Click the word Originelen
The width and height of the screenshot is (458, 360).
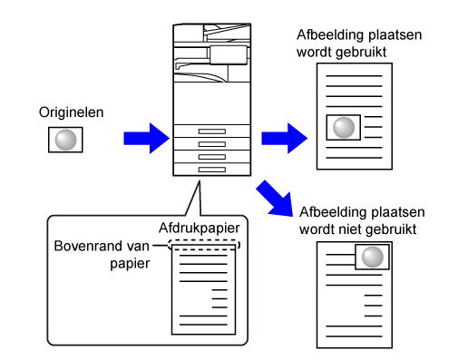click(x=72, y=112)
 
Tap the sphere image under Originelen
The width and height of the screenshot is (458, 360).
click(x=65, y=140)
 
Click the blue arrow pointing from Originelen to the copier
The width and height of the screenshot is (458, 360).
click(x=146, y=139)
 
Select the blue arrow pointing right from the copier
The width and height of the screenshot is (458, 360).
click(x=284, y=139)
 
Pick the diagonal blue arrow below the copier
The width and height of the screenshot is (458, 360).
click(x=275, y=199)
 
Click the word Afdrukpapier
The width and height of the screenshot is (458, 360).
click(x=200, y=228)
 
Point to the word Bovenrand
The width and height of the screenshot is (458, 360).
click(x=88, y=246)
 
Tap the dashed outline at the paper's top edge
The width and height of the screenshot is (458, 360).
click(x=204, y=245)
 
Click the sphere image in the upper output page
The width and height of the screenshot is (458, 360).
click(x=344, y=128)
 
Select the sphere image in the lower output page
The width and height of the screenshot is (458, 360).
click(x=372, y=257)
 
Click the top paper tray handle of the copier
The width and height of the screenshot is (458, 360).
click(x=212, y=131)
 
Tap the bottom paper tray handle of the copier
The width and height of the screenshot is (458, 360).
click(x=212, y=170)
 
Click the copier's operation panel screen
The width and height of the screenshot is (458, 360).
click(x=229, y=55)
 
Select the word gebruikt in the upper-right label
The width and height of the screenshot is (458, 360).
click(x=361, y=53)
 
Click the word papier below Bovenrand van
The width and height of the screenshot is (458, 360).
click(x=130, y=264)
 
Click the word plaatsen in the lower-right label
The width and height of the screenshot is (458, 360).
click(x=397, y=212)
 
